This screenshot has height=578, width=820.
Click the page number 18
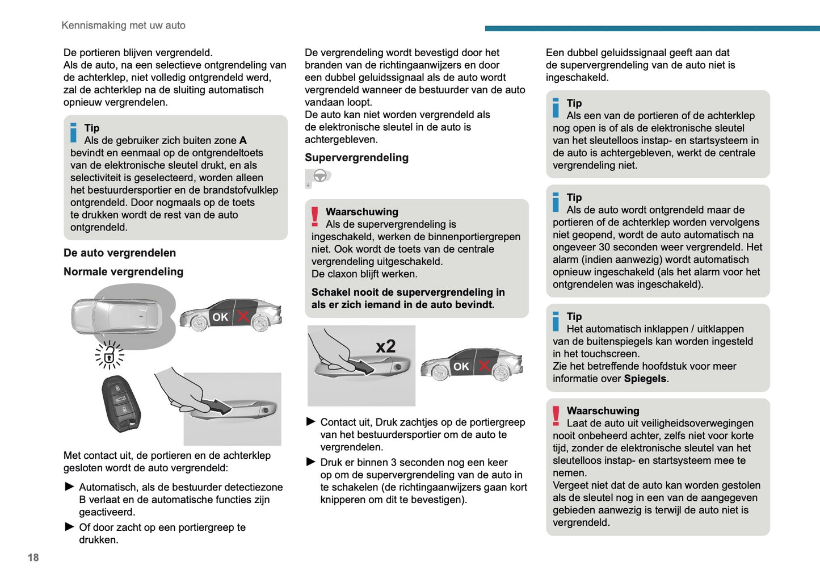33,557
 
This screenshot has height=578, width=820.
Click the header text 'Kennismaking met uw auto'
123,25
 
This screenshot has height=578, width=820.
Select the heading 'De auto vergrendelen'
120,253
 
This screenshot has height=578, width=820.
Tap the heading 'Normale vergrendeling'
123,271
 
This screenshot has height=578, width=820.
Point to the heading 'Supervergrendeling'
356,157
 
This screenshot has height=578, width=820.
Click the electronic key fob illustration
121,403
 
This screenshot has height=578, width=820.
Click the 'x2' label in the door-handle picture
385,346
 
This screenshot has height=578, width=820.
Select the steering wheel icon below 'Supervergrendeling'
320,176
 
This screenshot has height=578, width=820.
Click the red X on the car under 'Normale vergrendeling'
243,316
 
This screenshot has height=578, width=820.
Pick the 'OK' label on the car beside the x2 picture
461,366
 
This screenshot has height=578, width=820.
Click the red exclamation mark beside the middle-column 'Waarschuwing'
315,216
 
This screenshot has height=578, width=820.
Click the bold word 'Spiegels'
645,379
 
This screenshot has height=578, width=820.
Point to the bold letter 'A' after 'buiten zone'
243,140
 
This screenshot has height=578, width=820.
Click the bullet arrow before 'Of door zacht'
70,526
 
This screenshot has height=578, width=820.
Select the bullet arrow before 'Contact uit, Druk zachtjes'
310,421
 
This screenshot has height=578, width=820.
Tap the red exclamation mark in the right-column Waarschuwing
556,416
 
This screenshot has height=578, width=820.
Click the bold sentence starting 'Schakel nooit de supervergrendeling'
407,298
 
